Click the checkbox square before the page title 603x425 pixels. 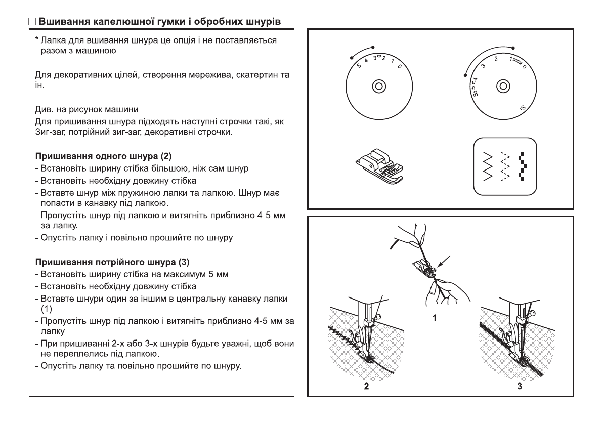coord(32,23)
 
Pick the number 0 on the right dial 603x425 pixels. coord(524,67)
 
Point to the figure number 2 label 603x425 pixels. coord(365,387)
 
